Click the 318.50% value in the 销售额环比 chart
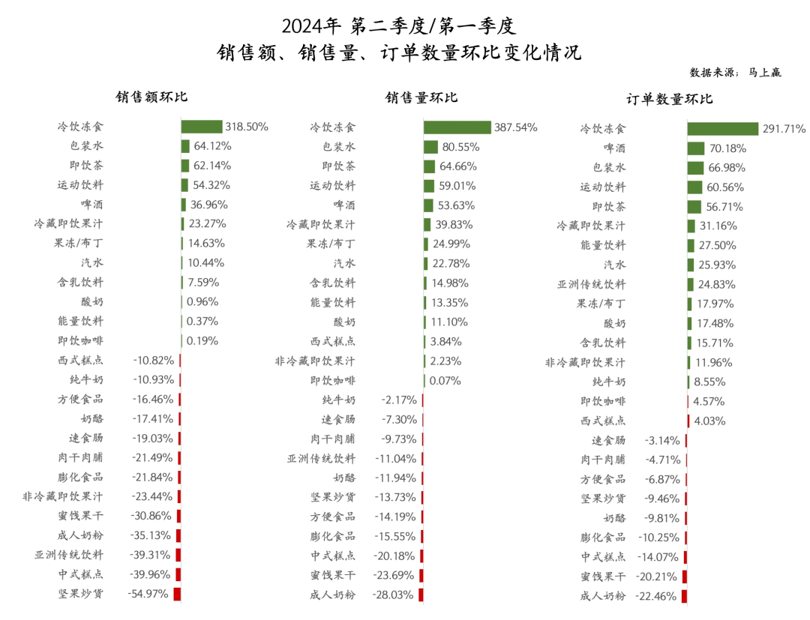(247, 127)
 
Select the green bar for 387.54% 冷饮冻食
(457, 127)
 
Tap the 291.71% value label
(784, 129)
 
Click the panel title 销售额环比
(151, 97)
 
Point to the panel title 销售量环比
(421, 97)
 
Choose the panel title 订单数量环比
(669, 99)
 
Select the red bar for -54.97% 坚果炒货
(178, 594)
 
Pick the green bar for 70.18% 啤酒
(696, 148)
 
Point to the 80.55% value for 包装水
(460, 147)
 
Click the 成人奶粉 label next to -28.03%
(332, 595)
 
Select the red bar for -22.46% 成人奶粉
(685, 596)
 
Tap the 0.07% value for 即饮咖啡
(445, 380)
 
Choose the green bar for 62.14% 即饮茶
(184, 166)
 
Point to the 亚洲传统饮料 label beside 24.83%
(591, 284)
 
